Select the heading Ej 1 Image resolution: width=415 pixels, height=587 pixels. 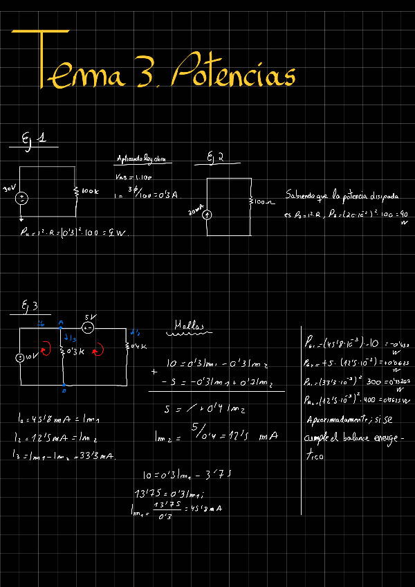click(x=34, y=141)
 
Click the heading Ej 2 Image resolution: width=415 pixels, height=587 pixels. click(x=215, y=158)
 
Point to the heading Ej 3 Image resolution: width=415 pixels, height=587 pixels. click(x=30, y=305)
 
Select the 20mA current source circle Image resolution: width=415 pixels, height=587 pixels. click(x=207, y=214)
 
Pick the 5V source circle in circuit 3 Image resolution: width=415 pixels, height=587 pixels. click(x=88, y=327)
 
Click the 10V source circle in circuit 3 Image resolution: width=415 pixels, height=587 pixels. click(x=21, y=358)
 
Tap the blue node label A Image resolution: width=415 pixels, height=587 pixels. click(x=62, y=323)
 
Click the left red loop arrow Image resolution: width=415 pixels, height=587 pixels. click(x=46, y=350)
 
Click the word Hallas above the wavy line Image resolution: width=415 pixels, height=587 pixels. click(x=189, y=324)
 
